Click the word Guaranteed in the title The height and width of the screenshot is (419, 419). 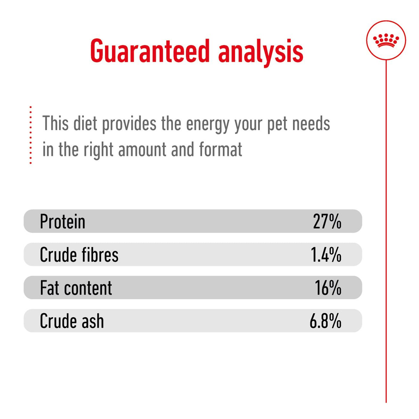(x=150, y=51)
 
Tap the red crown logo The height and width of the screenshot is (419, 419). (x=386, y=40)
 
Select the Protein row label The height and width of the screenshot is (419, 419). (x=63, y=222)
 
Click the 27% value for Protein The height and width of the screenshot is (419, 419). (x=327, y=222)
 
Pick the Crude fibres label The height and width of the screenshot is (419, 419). (x=79, y=255)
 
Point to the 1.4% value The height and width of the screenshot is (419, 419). (x=326, y=255)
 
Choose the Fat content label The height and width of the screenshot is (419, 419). (x=76, y=288)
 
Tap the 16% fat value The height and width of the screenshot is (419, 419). (x=328, y=288)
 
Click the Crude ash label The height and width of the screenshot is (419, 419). (x=72, y=321)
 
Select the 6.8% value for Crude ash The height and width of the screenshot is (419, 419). (x=325, y=321)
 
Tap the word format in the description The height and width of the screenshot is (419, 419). (x=221, y=150)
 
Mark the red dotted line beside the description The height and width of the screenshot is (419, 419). (x=31, y=135)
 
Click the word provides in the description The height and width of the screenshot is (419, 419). (x=129, y=124)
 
